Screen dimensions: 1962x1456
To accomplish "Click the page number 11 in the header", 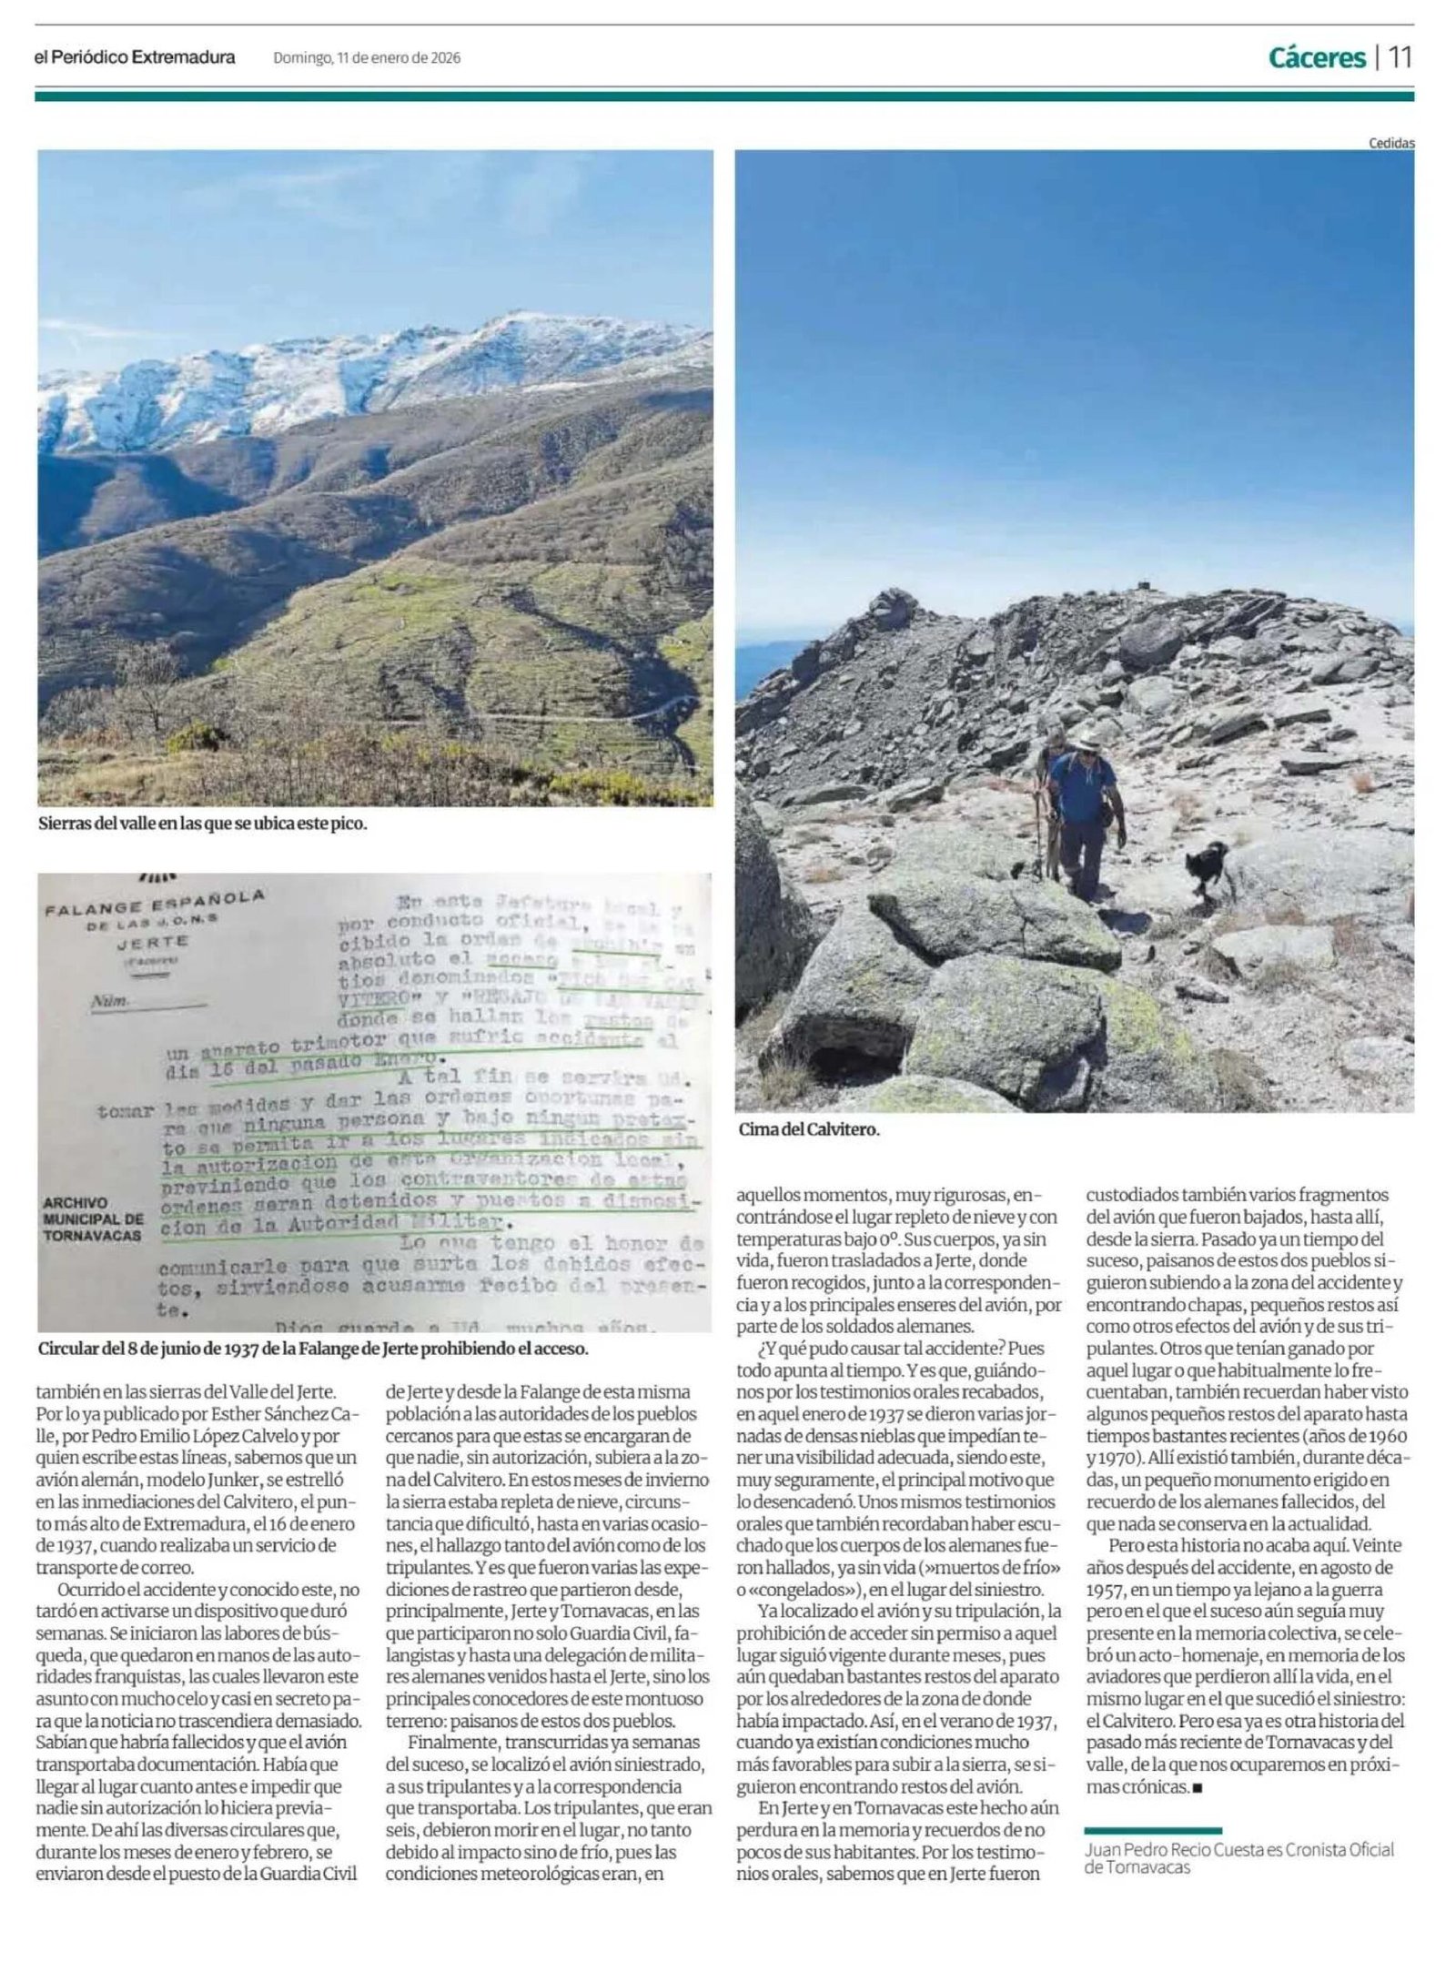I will [x=1400, y=57].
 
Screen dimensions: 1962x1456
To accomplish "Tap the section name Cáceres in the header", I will [x=1317, y=58].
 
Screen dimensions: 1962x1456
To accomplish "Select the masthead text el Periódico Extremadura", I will [x=135, y=57].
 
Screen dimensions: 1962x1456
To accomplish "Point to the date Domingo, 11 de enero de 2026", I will [x=367, y=58].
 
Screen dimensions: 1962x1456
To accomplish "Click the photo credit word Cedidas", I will [x=1391, y=143].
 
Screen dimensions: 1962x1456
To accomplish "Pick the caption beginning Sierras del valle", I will [x=202, y=824].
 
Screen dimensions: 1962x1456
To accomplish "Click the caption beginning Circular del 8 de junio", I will [x=313, y=1349].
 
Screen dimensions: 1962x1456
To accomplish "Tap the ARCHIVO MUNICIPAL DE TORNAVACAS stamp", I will [x=92, y=1219].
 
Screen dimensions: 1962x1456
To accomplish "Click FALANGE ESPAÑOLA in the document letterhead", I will [x=155, y=904].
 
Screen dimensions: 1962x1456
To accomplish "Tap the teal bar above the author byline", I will [x=1153, y=1829].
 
